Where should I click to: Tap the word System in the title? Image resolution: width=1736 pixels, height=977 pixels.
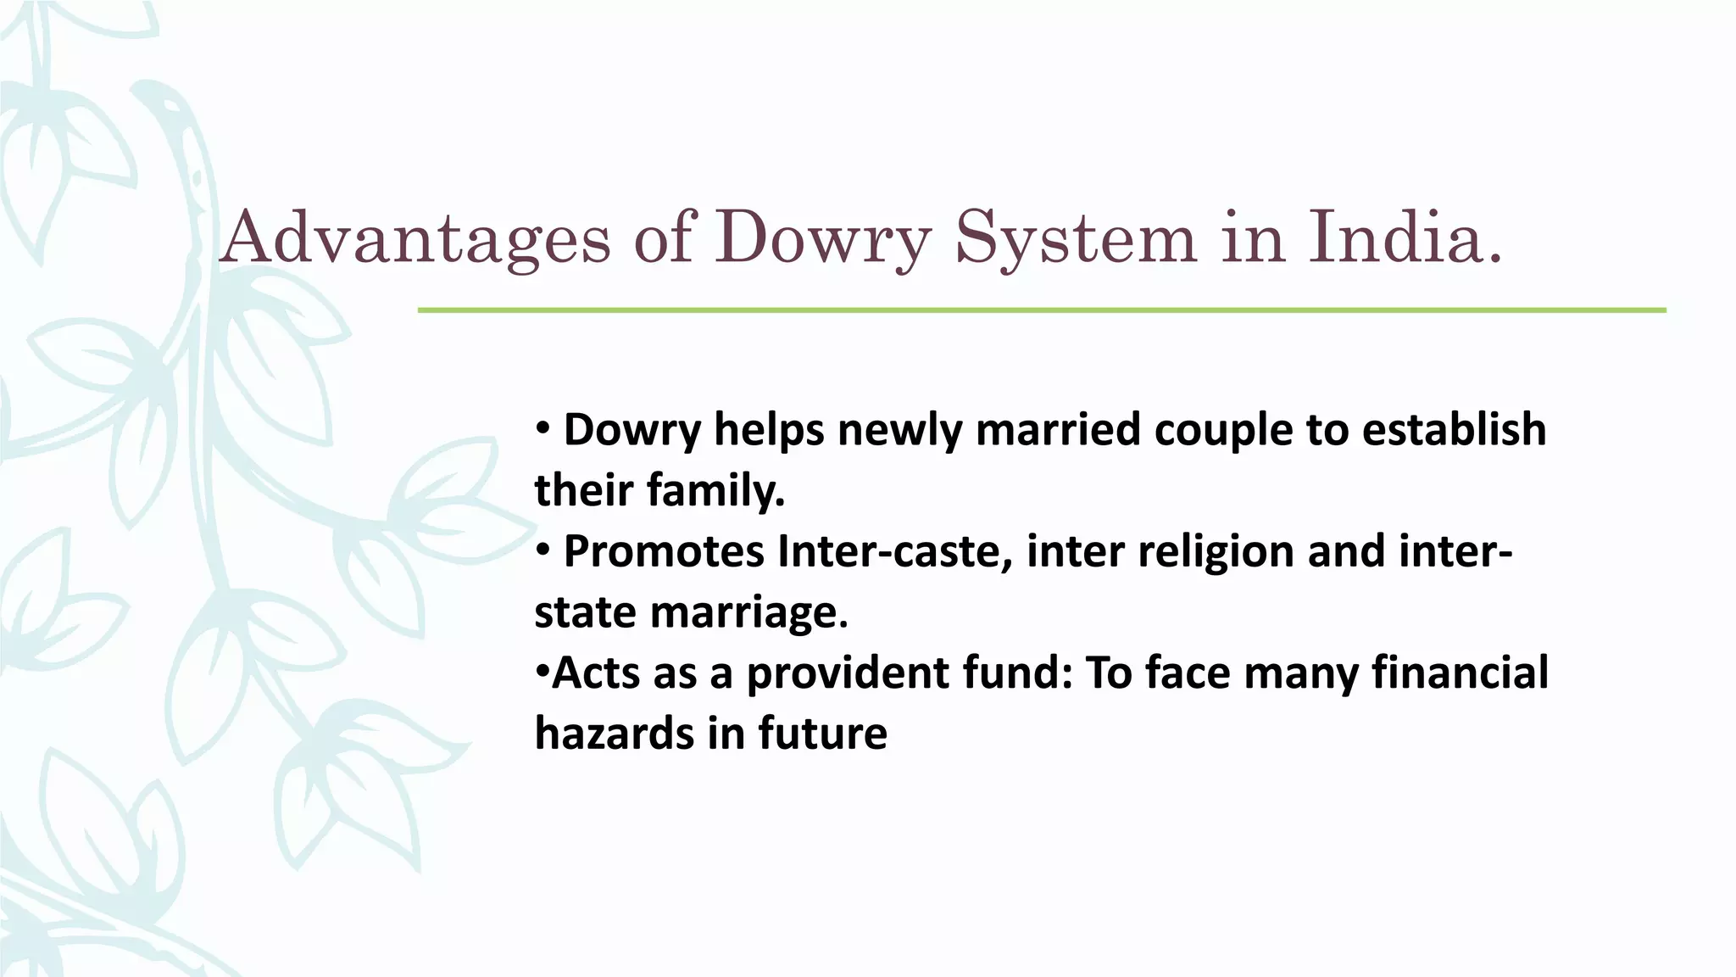(1076, 238)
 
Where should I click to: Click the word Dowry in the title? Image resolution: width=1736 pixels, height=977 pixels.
(822, 238)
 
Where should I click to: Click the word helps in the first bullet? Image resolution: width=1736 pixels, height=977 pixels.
(769, 429)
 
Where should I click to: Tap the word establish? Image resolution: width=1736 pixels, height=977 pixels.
(1454, 429)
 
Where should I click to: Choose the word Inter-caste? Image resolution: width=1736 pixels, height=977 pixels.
(894, 551)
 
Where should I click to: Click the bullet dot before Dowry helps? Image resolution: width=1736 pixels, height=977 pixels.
(543, 427)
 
